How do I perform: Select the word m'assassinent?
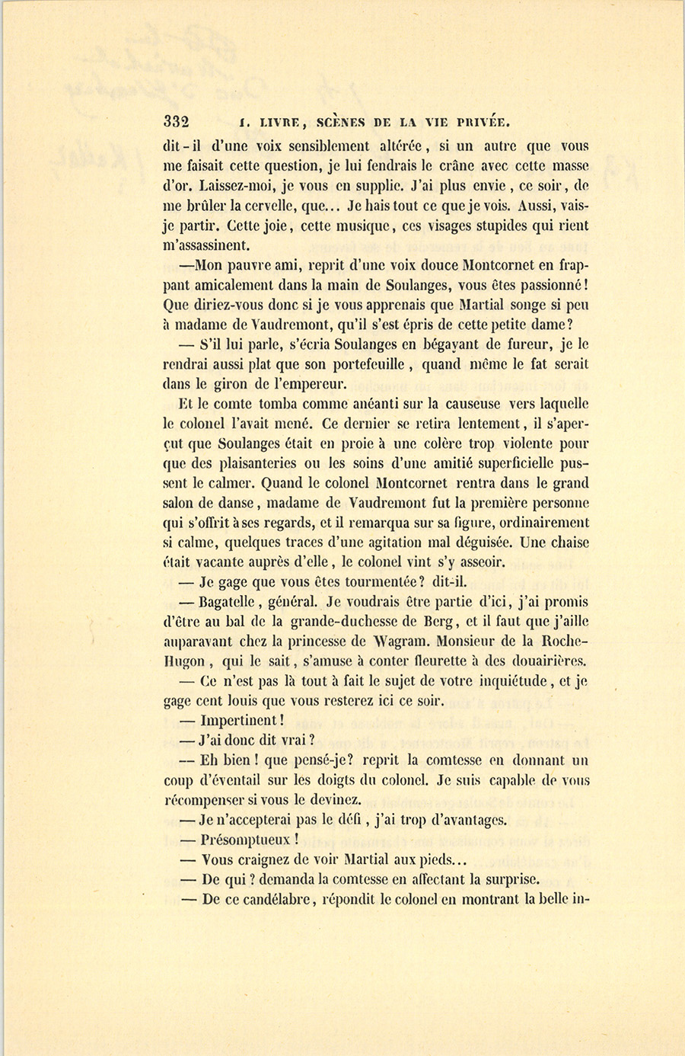(x=205, y=245)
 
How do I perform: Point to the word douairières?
(x=544, y=661)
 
